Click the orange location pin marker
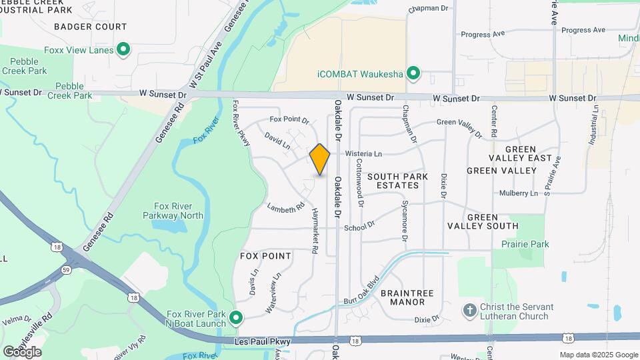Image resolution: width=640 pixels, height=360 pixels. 320,159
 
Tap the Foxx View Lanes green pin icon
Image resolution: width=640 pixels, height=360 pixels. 123,49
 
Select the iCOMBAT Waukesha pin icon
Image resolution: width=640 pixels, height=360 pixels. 413,73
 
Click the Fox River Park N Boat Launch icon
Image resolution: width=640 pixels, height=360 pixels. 235,317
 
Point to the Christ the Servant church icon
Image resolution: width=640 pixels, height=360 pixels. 471,311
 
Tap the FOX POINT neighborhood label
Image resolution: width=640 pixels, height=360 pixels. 265,256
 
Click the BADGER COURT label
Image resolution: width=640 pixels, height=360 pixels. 90,27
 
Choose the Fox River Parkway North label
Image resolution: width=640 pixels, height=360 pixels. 173,211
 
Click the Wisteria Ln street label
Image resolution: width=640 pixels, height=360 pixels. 363,153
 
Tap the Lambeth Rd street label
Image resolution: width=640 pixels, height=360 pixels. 286,207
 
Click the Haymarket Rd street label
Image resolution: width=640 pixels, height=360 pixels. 315,231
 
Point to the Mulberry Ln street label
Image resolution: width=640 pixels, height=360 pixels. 519,193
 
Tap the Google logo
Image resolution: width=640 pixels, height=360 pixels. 22,351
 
